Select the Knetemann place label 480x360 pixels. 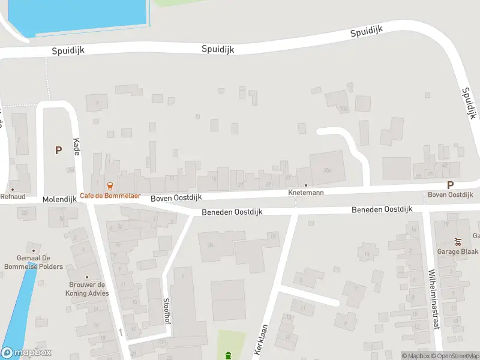coord(306,193)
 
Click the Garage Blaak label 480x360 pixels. coord(458,251)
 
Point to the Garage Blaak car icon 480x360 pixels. coord(458,242)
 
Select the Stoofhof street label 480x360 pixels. coord(166,311)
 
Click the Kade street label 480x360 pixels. coord(76,146)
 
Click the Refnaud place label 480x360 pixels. coord(13,196)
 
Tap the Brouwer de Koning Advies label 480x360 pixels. coord(87,289)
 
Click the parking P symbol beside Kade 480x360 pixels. coord(58,151)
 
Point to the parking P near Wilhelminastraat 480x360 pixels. coord(450,185)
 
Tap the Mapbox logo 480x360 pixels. coord(26,353)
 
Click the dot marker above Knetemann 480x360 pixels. coord(306,185)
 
